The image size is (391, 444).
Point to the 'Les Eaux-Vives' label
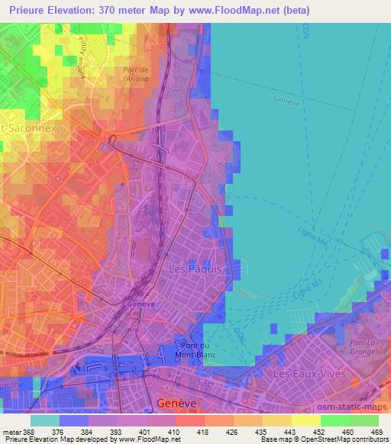tap(309, 374)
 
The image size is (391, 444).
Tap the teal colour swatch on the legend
tap(44, 420)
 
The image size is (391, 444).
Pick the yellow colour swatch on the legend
tap(305, 420)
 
